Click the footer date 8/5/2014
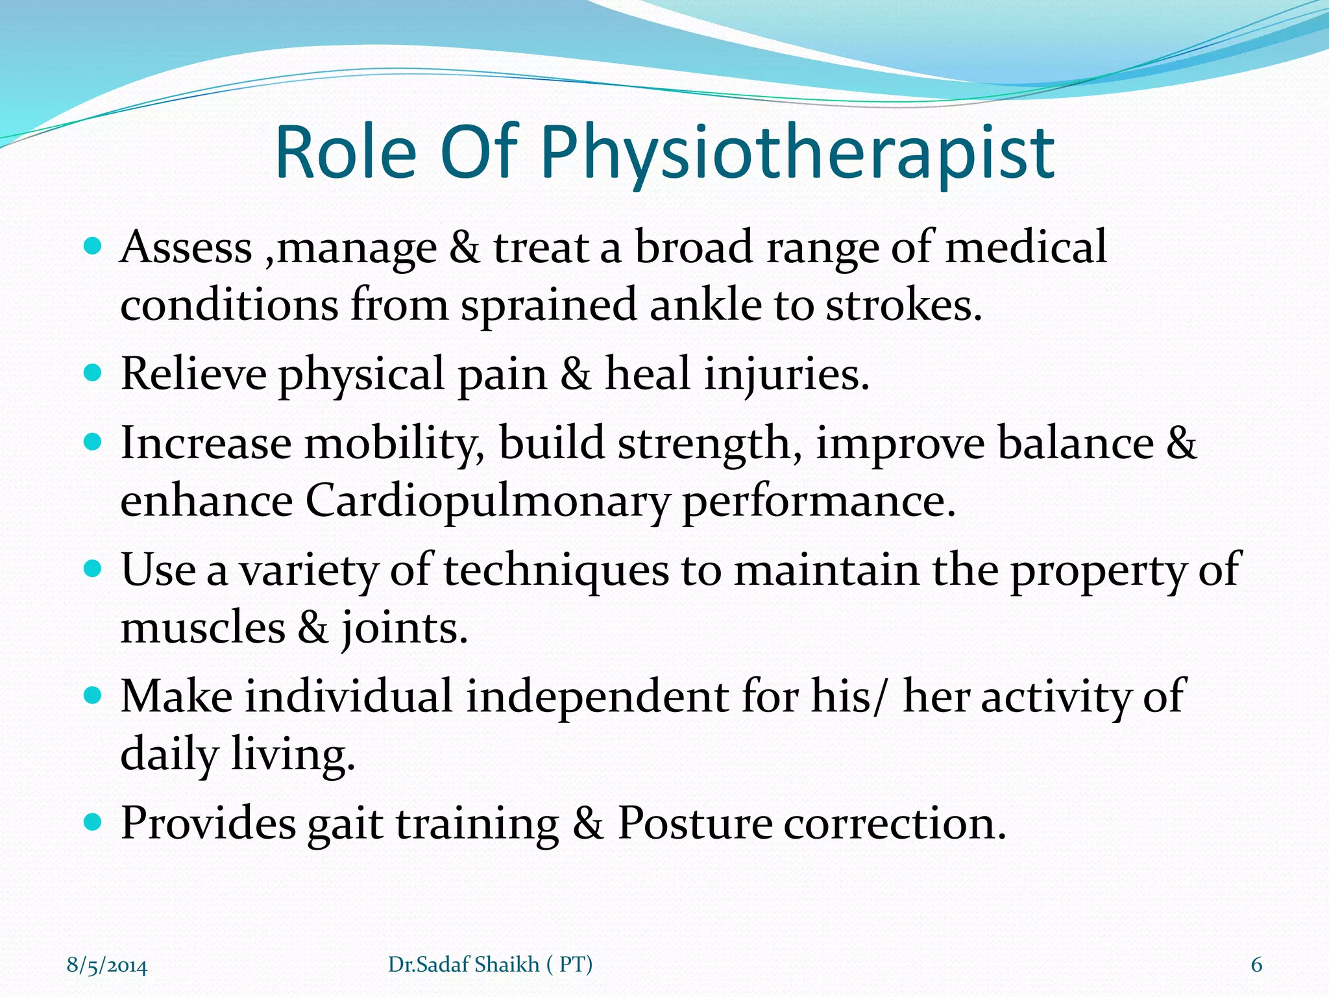point(107,965)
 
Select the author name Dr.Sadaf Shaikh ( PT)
point(490,965)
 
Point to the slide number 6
point(1256,965)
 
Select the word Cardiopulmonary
point(487,502)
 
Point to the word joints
point(404,628)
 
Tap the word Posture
point(694,824)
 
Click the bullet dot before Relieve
point(93,373)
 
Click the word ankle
point(705,305)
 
